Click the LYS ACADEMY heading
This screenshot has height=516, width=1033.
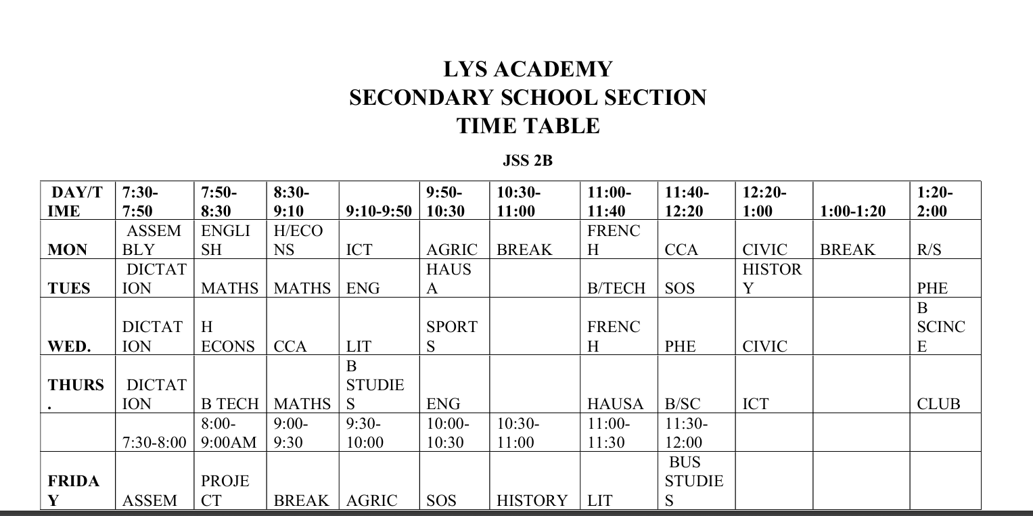pos(528,69)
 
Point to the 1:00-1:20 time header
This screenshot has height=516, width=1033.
pos(852,211)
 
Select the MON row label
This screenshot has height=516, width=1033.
pos(68,250)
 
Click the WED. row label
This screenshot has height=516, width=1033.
pos(69,346)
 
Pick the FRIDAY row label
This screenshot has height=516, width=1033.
pos(74,491)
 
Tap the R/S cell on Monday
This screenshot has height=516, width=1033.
pos(929,250)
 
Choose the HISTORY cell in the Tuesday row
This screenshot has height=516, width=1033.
pos(772,279)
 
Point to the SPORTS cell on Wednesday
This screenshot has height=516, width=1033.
pos(452,336)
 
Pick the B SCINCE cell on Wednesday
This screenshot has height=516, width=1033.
pos(940,327)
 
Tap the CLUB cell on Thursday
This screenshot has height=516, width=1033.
pos(938,404)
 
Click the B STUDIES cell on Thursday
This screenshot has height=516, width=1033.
pos(375,385)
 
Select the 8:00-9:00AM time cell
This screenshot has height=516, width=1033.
pos(229,433)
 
